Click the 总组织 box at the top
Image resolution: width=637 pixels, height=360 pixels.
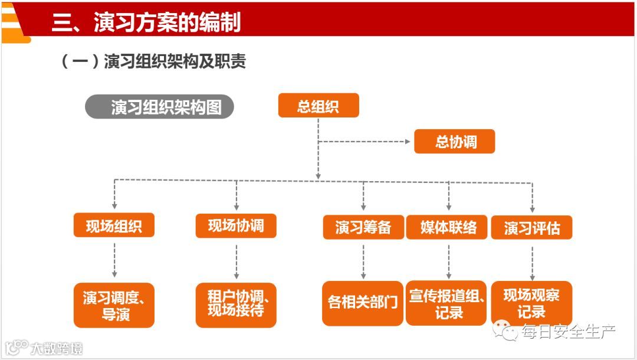[318, 106]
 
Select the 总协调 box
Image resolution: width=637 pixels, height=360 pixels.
[454, 142]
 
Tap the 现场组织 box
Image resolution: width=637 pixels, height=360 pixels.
[114, 225]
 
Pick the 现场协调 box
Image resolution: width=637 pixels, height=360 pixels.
[236, 225]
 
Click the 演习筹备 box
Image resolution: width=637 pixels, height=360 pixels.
[363, 227]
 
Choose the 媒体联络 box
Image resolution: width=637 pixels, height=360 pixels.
[448, 227]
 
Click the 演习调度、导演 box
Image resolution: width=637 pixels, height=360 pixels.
[114, 305]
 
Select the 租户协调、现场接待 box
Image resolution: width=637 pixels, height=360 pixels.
[236, 304]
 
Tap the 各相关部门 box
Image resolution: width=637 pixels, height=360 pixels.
[363, 303]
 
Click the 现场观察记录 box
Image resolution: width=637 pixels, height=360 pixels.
[531, 302]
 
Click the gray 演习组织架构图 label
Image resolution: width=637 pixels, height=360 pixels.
[160, 107]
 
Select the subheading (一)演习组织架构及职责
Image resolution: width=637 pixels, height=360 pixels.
[153, 61]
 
